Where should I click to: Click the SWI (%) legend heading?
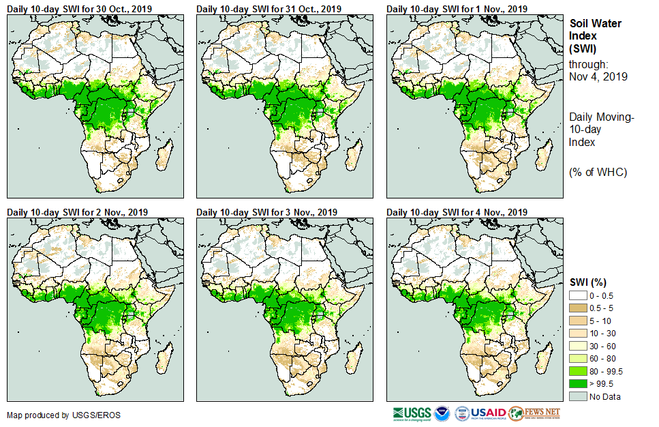coord(588,282)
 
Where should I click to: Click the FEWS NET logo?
coord(534,413)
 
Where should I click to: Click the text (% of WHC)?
coord(598,172)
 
